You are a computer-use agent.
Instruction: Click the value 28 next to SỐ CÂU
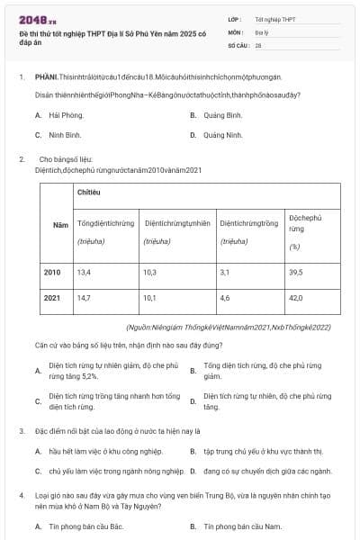click(258, 43)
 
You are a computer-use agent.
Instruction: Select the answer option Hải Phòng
click(65, 115)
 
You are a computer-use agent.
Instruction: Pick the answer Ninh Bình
click(65, 135)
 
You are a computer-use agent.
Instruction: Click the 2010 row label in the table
click(53, 272)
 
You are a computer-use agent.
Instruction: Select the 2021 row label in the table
click(53, 297)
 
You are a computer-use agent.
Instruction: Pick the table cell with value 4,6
click(225, 297)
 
